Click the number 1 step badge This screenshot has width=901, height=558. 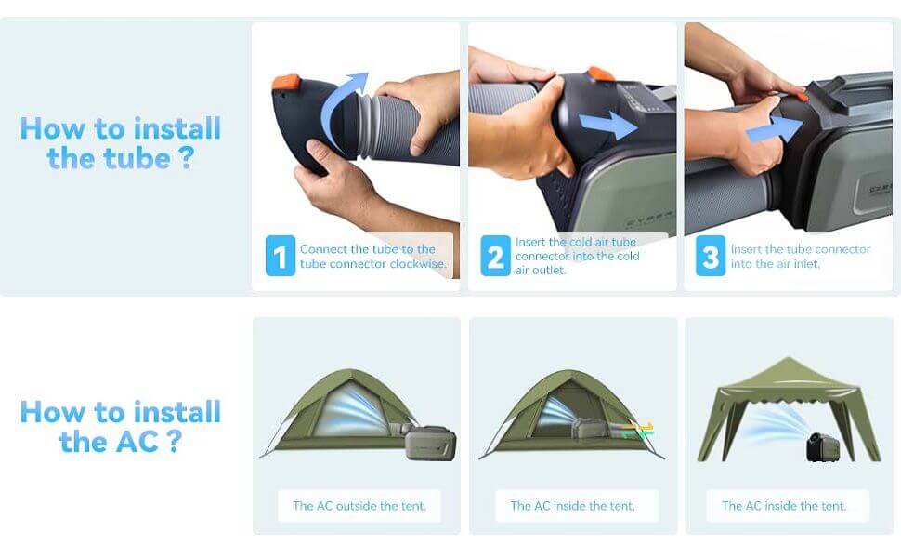(x=281, y=256)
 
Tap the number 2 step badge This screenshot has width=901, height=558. (x=495, y=256)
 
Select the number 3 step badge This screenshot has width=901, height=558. (x=711, y=256)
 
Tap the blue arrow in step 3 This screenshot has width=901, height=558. (x=774, y=130)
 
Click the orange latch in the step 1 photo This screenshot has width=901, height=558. (x=285, y=82)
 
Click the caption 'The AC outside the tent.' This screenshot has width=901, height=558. (x=359, y=506)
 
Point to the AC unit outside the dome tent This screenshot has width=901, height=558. (x=430, y=442)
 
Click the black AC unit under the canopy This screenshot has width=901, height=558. (x=823, y=446)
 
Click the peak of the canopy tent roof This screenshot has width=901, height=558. (x=789, y=358)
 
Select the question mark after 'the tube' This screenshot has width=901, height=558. (x=185, y=157)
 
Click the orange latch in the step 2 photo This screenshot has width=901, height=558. (x=600, y=73)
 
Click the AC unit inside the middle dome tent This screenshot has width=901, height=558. (x=589, y=428)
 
